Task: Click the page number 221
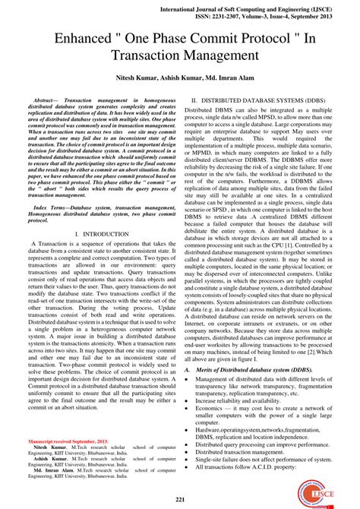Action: (x=180, y=499)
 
